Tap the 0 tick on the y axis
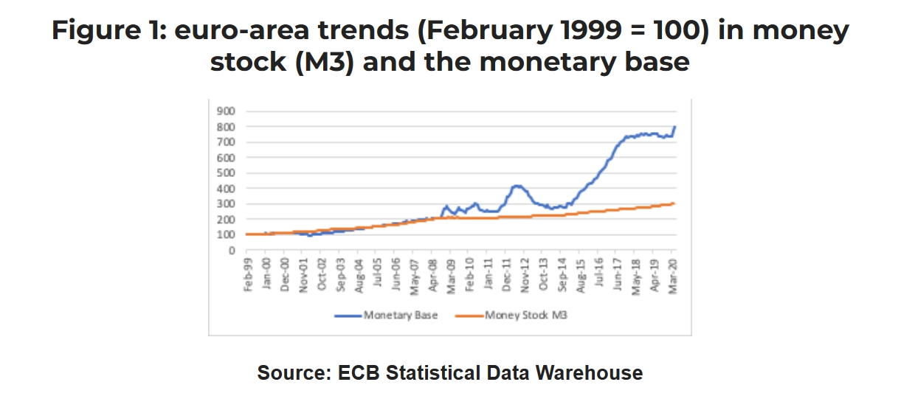pyautogui.click(x=230, y=251)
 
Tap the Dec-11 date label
pyautogui.click(x=507, y=275)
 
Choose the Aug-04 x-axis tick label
pyautogui.click(x=359, y=275)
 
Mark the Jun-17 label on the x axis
pyautogui.click(x=618, y=275)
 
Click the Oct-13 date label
pyautogui.click(x=544, y=275)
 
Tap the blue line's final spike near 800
pyautogui.click(x=674, y=128)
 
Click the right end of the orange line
pyautogui.click(x=674, y=204)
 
